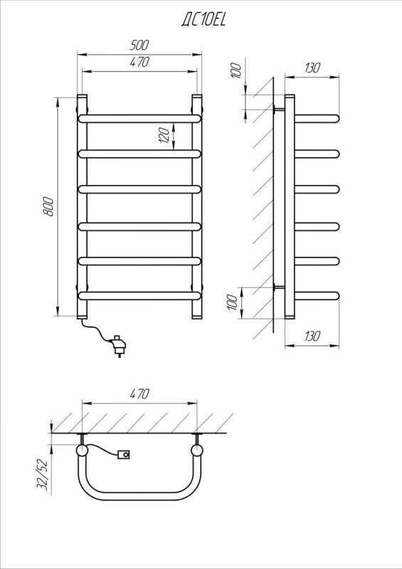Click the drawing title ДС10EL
click(x=203, y=20)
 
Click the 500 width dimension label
click(x=139, y=45)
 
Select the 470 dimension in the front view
click(x=139, y=62)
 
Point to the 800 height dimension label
click(x=48, y=206)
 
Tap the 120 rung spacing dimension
click(x=164, y=135)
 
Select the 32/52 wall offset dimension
click(x=43, y=474)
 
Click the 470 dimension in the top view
click(x=139, y=394)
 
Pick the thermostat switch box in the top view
click(x=125, y=454)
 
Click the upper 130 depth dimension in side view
click(x=312, y=68)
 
